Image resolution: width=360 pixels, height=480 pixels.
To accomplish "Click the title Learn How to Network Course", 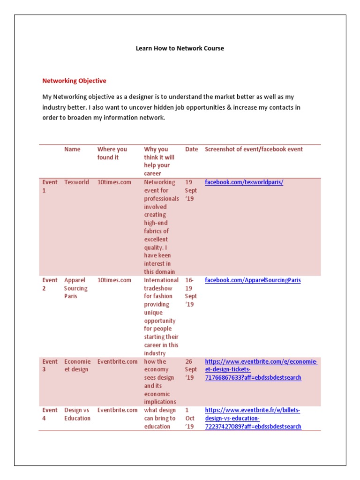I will coord(180,48).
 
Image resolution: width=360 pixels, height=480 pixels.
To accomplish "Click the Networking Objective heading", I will coord(74,81).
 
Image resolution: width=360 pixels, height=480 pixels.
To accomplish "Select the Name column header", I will coord(72,149).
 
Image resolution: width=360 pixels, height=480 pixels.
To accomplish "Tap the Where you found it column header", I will coord(112,153).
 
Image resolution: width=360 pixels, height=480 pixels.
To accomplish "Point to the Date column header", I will coord(191,149).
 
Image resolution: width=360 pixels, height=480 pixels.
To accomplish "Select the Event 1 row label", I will coord(50,186).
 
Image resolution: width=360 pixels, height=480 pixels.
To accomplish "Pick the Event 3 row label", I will coord(50,366).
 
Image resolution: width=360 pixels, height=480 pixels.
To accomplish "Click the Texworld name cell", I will coord(76,182).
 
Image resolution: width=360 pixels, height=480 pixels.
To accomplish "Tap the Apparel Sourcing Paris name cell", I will coord(76,288).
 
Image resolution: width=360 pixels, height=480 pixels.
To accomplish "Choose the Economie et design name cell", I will coord(77,366).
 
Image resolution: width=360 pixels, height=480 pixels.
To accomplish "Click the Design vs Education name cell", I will coord(77,414).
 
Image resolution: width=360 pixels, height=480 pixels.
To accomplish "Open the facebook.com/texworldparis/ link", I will coord(244,182).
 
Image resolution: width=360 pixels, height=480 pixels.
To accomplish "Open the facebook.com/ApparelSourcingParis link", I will coord(253,280).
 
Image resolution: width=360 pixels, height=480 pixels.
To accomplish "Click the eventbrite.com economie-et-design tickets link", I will coord(261,369).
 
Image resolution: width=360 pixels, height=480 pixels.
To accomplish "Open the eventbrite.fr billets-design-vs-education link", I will coord(253,418).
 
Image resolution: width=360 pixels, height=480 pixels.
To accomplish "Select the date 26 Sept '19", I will coord(191,369).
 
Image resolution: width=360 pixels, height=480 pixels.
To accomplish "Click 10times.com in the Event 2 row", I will coord(114,280).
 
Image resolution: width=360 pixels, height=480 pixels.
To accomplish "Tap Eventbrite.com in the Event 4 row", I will coord(117,410).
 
